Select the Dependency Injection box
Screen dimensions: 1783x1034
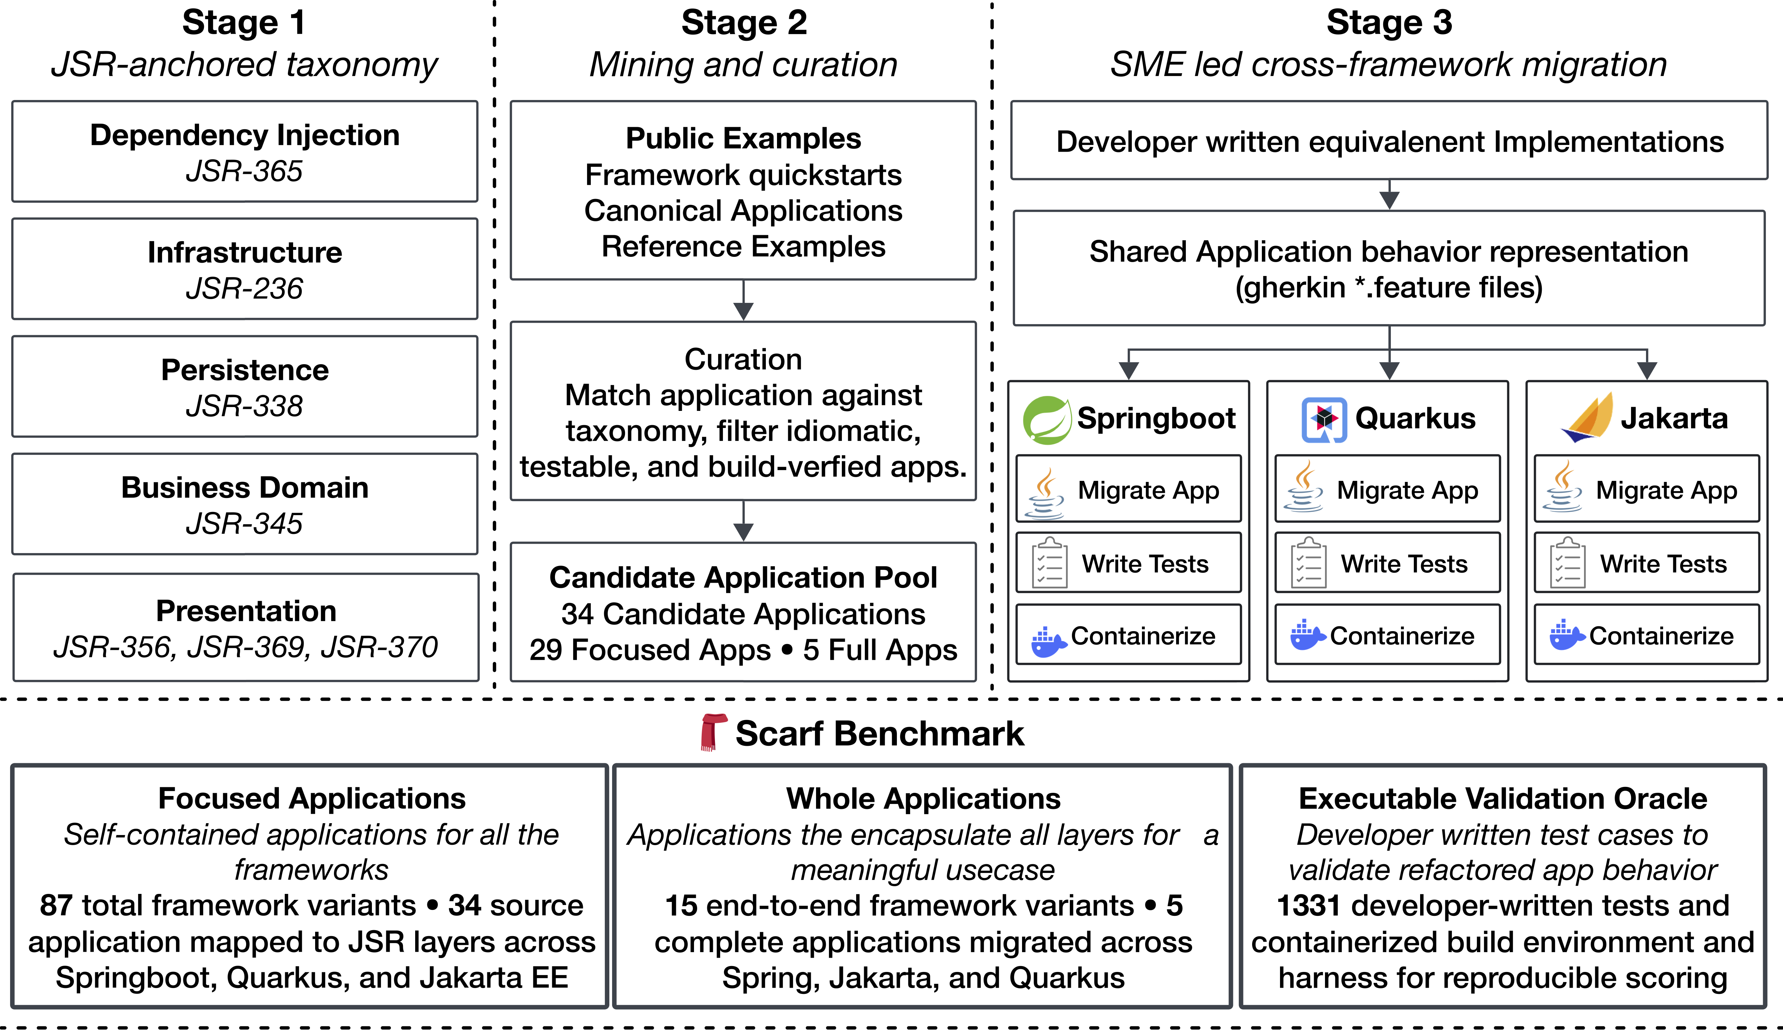point(245,151)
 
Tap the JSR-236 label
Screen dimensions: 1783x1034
point(244,289)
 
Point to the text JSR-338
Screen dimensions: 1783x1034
point(244,406)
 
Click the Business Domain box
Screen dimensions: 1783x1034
point(245,504)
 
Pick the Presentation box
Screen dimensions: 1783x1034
point(245,627)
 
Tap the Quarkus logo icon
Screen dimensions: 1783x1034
point(1324,420)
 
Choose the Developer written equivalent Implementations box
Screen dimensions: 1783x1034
point(1389,141)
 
